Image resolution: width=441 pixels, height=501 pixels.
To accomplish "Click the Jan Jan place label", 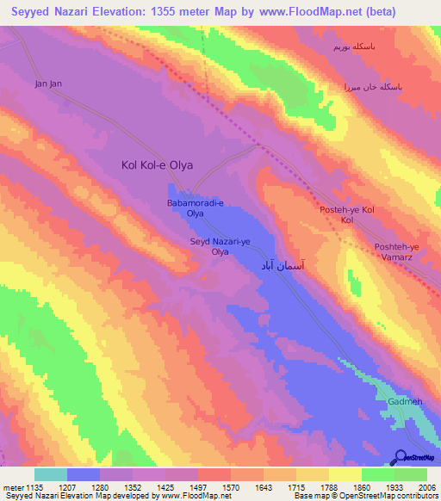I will (x=48, y=83).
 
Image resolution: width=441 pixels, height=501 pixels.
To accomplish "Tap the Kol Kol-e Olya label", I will (x=157, y=164).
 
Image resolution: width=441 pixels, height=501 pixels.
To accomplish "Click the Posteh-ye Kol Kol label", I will (x=348, y=215).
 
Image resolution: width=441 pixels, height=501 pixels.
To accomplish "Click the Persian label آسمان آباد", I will (x=282, y=268).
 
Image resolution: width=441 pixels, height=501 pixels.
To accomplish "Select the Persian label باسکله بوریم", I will (x=356, y=45).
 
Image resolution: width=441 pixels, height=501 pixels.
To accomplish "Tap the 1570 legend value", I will (x=229, y=487).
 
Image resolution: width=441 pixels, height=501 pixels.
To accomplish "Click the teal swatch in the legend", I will (x=50, y=474).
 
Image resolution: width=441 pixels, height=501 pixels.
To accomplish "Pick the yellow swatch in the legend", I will (x=344, y=474).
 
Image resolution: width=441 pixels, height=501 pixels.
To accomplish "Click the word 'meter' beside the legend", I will (x=13, y=487).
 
